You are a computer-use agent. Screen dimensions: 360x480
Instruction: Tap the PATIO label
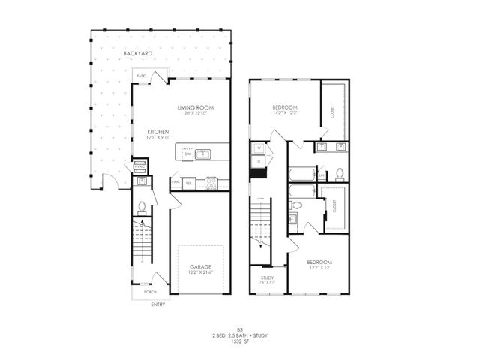coord(141,76)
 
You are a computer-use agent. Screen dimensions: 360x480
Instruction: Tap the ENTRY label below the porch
coord(157,304)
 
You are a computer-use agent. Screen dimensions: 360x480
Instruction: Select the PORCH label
coord(150,292)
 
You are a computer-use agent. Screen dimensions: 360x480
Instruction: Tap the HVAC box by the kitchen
coord(139,166)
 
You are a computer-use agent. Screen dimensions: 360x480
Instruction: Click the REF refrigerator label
coord(190,182)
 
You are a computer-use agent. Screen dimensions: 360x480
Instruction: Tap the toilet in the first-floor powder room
coord(142,208)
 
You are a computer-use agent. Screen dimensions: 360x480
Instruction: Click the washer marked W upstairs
coord(258,148)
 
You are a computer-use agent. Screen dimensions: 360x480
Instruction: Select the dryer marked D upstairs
coord(258,160)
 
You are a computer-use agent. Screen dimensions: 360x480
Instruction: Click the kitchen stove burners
coord(211,182)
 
